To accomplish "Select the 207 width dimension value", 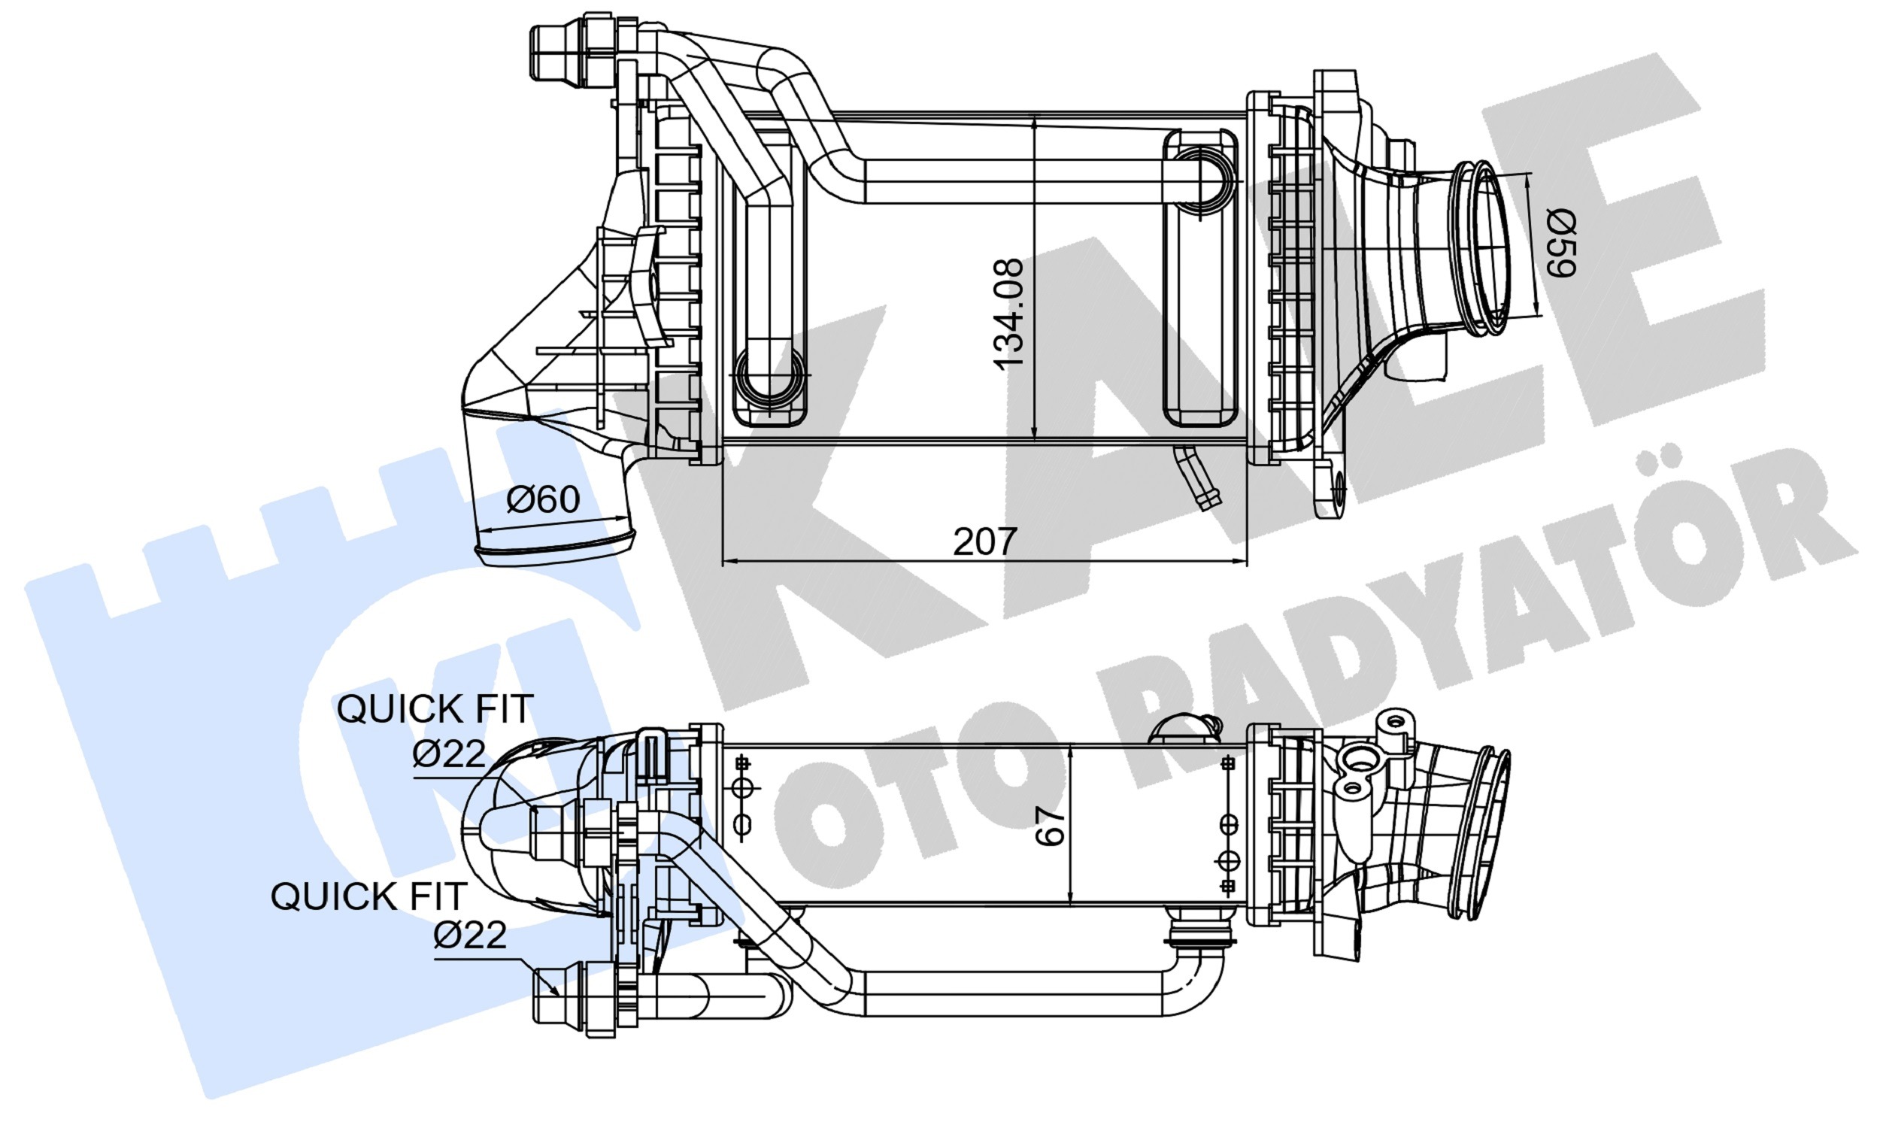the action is [x=985, y=541].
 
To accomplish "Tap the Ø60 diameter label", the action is [x=543, y=499].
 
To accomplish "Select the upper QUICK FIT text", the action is [x=435, y=709].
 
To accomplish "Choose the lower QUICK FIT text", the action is [x=368, y=897].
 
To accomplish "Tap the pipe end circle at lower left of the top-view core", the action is [x=770, y=377].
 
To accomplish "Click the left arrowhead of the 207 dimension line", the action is [x=729, y=561].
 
